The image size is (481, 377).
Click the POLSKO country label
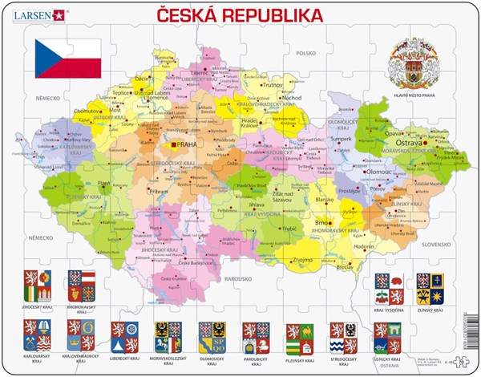pyautogui.click(x=305, y=53)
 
